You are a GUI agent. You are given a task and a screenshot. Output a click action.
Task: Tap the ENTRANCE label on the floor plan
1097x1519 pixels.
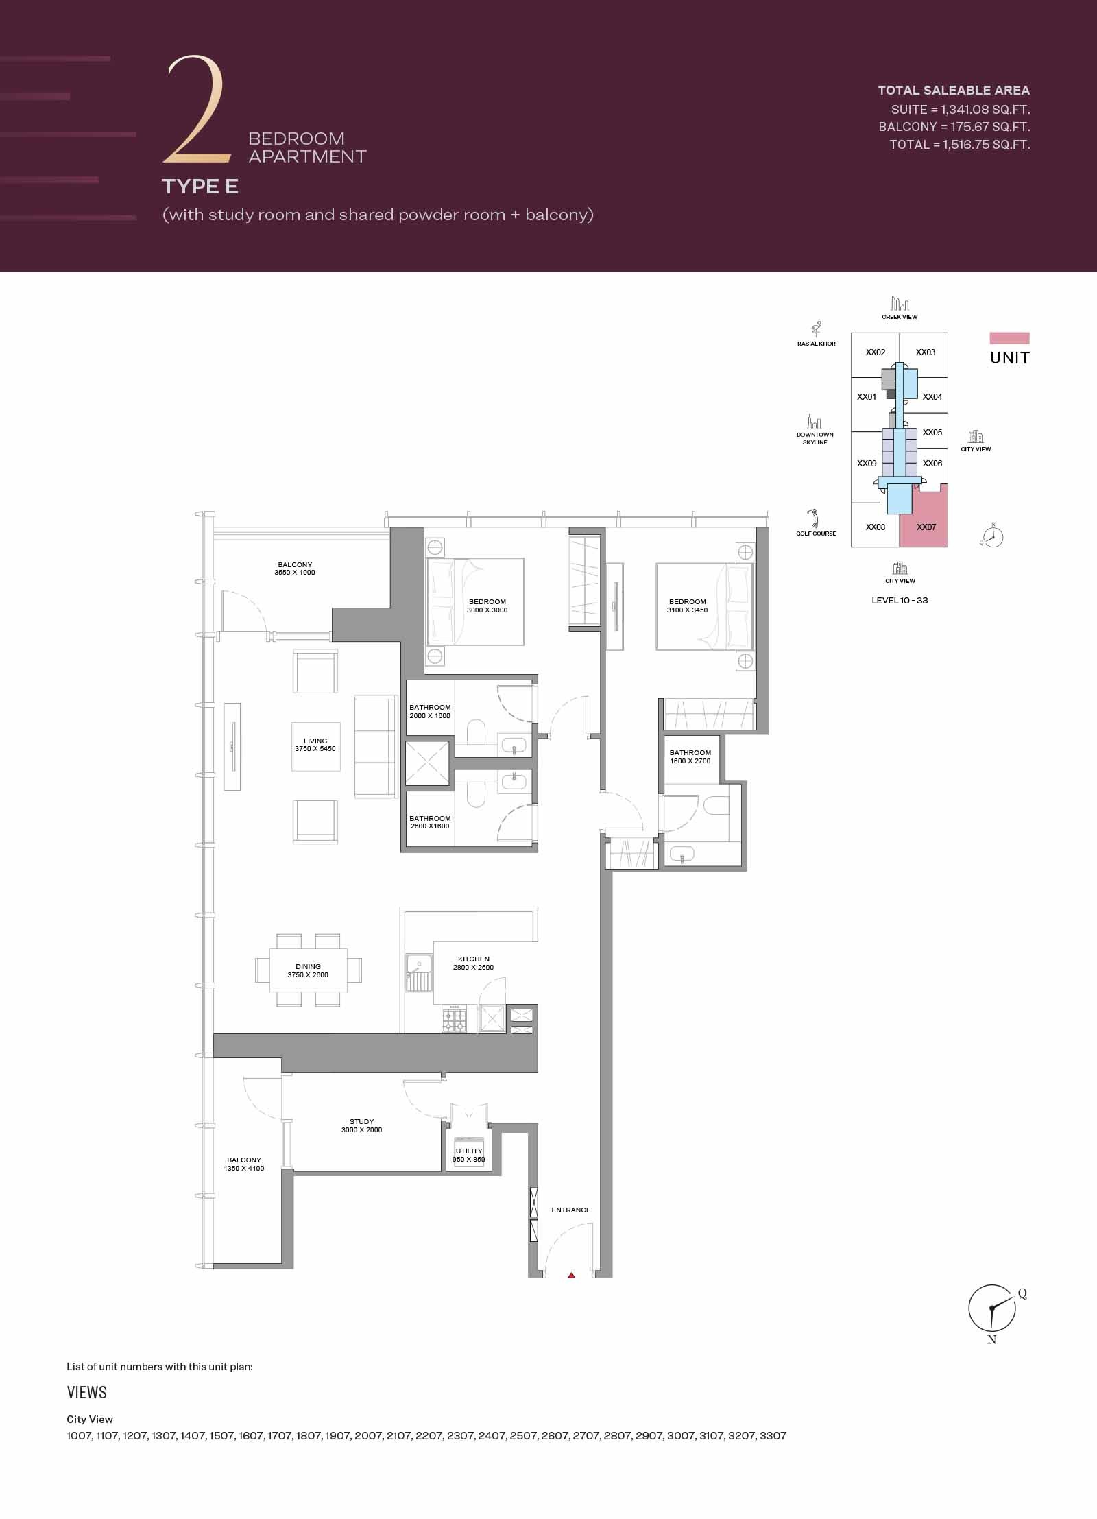pos(570,1210)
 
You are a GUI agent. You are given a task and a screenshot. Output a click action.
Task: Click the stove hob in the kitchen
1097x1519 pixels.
pos(454,1019)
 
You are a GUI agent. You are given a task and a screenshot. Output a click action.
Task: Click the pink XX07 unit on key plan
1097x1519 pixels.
pos(926,527)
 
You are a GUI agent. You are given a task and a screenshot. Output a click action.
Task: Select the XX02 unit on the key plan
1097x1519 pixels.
pos(876,352)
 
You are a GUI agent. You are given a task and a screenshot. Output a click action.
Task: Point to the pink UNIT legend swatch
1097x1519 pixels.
pos(1009,338)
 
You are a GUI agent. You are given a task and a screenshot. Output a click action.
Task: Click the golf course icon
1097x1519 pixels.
pos(814,518)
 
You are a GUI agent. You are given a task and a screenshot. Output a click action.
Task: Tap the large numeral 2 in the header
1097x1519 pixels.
pos(195,110)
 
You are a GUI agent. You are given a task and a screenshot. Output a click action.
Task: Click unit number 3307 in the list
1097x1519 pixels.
pos(773,1435)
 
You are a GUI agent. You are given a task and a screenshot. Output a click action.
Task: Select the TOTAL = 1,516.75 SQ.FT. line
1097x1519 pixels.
pos(959,145)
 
